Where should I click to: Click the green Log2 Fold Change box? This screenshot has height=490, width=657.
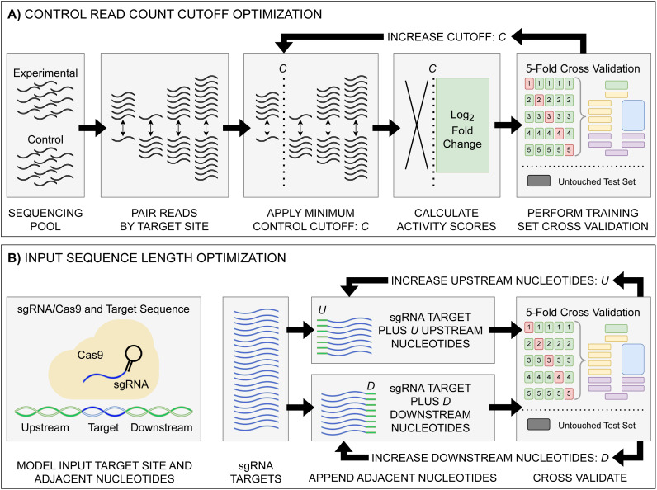click(x=462, y=125)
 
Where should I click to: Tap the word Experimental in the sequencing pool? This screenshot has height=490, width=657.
click(x=45, y=73)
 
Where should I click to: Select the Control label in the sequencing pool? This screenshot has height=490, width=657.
click(x=45, y=139)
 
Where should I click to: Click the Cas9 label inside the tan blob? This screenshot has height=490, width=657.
click(x=90, y=355)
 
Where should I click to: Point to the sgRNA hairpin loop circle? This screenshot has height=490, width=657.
click(x=133, y=354)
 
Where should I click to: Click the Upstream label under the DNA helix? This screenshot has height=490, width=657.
click(x=45, y=427)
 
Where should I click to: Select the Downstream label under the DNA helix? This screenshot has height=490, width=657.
click(x=162, y=427)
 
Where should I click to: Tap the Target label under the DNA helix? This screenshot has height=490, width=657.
click(x=103, y=427)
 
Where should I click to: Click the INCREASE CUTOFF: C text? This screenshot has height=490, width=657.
click(x=447, y=37)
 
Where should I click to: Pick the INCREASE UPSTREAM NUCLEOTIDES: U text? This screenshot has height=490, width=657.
click(x=499, y=280)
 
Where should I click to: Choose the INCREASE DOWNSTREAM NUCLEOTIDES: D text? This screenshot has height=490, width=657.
click(x=490, y=458)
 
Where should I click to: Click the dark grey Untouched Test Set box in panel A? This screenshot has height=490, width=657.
click(x=539, y=181)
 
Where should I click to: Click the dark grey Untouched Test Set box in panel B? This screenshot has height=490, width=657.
click(x=539, y=424)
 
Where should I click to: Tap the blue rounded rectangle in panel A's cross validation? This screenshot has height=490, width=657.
click(x=633, y=115)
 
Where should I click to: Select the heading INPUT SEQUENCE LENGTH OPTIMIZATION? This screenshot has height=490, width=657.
click(x=155, y=257)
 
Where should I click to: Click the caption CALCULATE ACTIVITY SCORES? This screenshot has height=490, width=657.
click(x=447, y=219)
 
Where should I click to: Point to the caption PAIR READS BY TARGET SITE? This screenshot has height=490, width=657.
click(x=164, y=219)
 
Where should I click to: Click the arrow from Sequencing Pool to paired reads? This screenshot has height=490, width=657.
click(x=92, y=127)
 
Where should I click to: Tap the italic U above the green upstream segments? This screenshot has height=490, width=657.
click(x=322, y=310)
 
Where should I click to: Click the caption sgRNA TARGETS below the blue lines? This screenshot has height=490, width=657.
click(x=256, y=472)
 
